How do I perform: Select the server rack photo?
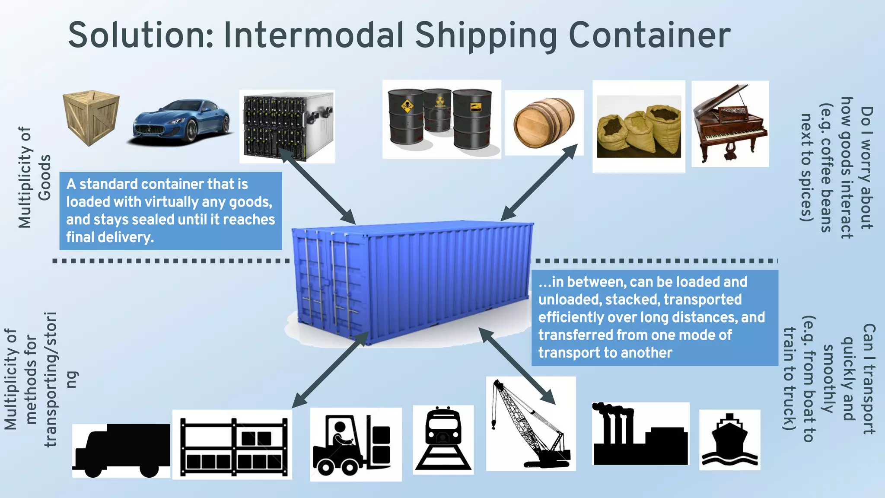287,126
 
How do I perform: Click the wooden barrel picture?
544,123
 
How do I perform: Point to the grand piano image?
730,124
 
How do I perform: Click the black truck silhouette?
121,450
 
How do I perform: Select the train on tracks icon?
443,439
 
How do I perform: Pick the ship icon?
729,440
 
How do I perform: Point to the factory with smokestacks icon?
640,434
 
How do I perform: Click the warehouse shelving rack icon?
232,445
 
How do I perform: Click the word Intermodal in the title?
314,35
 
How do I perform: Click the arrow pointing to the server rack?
318,186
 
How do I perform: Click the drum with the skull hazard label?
406,117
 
